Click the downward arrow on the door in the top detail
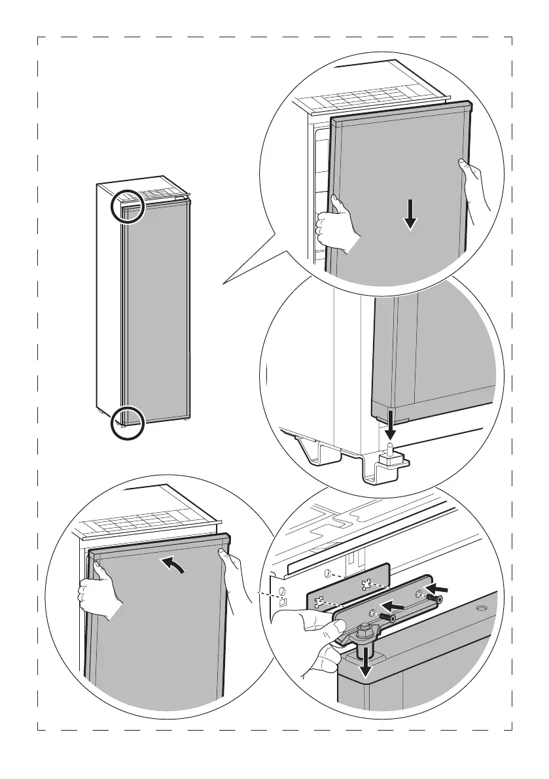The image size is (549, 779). tap(410, 216)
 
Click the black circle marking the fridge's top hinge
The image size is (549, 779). tap(127, 206)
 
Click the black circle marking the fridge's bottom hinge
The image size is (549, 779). tap(126, 423)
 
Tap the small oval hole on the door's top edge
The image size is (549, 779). tap(482, 609)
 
